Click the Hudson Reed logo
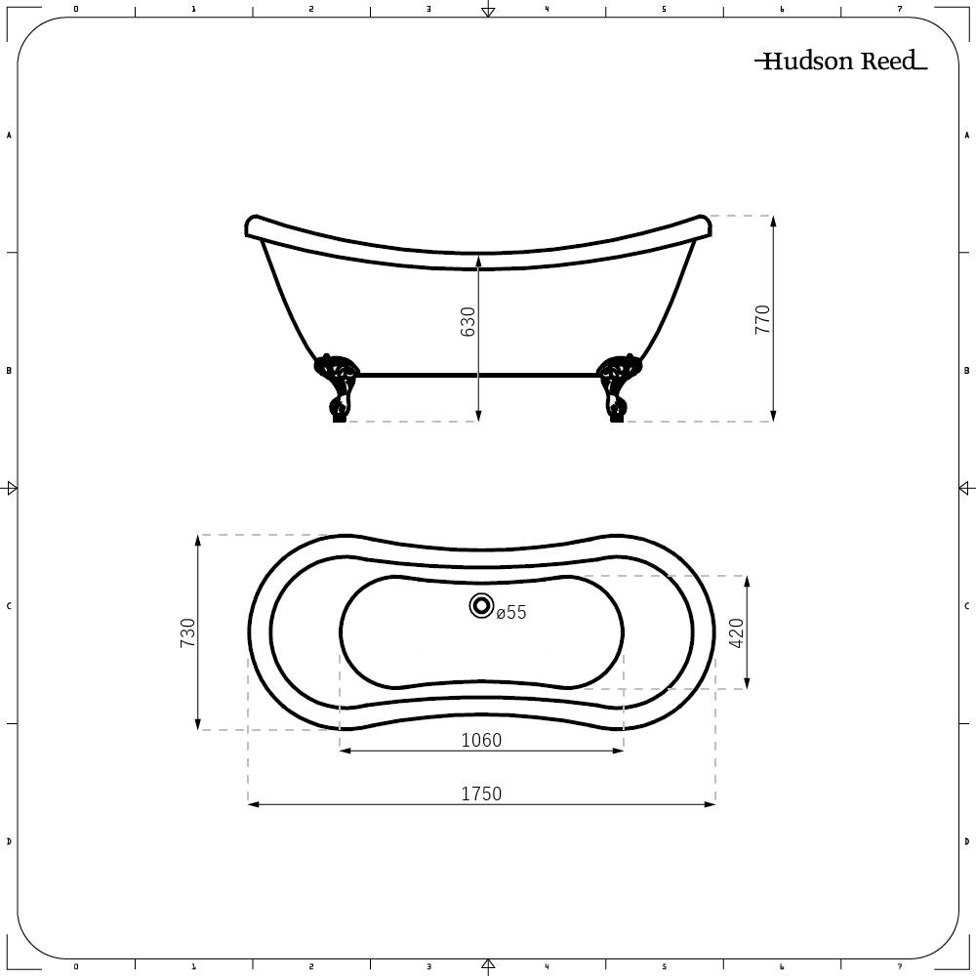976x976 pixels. click(839, 61)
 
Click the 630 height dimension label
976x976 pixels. click(468, 322)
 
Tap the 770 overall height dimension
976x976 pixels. click(763, 319)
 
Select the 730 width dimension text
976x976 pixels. click(188, 632)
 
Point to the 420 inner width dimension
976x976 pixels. click(737, 632)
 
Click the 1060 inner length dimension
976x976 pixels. click(481, 741)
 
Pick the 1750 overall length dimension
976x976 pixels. click(481, 793)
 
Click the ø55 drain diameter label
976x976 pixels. click(510, 613)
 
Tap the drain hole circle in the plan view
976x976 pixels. click(481, 606)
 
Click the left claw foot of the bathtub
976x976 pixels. click(337, 386)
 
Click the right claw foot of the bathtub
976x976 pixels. click(617, 386)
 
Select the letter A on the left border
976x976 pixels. click(9, 136)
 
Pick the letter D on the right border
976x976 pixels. click(966, 841)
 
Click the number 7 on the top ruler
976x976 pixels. click(899, 9)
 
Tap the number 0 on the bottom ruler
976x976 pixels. click(76, 967)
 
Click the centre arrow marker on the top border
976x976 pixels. click(488, 11)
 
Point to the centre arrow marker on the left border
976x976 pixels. click(11, 488)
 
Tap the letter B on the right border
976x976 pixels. click(966, 371)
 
